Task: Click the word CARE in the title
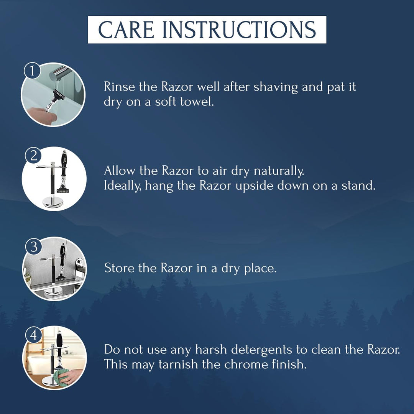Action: click(x=126, y=30)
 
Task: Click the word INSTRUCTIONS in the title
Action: click(x=239, y=30)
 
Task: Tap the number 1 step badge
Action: click(x=32, y=71)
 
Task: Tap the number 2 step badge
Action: click(x=33, y=155)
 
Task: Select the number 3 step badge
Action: click(x=34, y=246)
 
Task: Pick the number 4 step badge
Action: click(x=33, y=335)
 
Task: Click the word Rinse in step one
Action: click(x=119, y=87)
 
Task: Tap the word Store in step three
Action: click(x=119, y=268)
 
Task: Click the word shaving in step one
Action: click(x=275, y=87)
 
